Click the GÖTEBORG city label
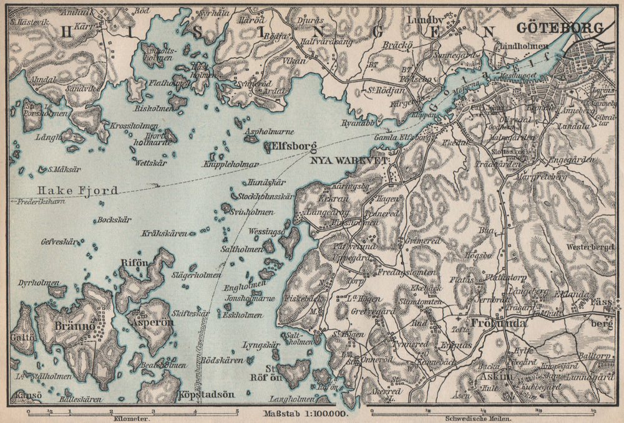(x=561, y=28)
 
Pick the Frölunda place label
(x=499, y=323)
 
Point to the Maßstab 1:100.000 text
(x=305, y=414)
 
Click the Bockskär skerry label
(x=114, y=220)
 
